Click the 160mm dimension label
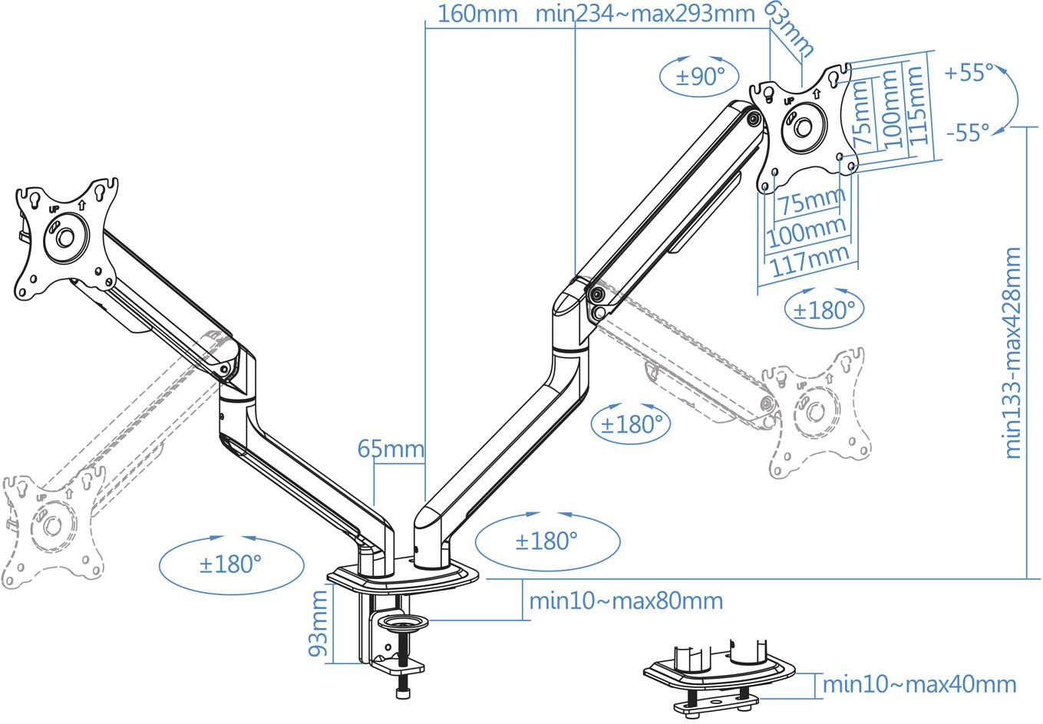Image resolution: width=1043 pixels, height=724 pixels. (477, 15)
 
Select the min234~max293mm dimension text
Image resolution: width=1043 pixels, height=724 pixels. (645, 14)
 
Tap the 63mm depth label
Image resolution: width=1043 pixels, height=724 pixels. (791, 28)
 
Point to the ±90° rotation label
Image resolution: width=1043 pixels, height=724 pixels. (700, 76)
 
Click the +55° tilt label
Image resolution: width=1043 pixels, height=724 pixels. (969, 72)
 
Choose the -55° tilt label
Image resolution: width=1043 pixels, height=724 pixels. (968, 133)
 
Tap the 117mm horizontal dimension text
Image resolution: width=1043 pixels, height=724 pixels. (810, 261)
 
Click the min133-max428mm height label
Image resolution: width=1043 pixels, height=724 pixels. (1013, 353)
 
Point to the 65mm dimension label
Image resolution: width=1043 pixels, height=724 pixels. (391, 449)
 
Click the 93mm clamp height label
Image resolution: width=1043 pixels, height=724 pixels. (319, 623)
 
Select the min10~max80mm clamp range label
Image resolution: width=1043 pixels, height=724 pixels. (626, 601)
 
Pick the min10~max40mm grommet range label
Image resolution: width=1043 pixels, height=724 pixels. (919, 684)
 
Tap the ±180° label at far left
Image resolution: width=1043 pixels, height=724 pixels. (230, 564)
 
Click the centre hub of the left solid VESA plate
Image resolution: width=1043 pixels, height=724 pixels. (64, 237)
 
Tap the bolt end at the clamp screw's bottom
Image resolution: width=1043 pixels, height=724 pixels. (403, 693)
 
